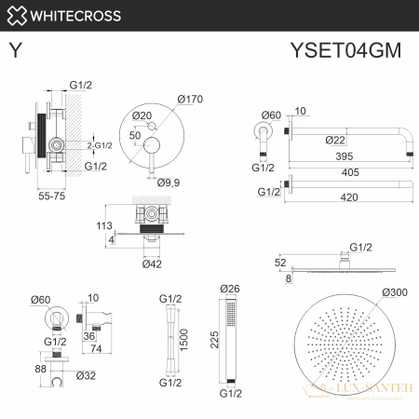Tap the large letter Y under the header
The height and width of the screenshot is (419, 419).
[15, 51]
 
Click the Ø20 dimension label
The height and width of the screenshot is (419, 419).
[142, 115]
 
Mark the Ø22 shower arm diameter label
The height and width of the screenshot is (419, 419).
[324, 140]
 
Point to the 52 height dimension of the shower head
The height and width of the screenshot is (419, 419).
[281, 264]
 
